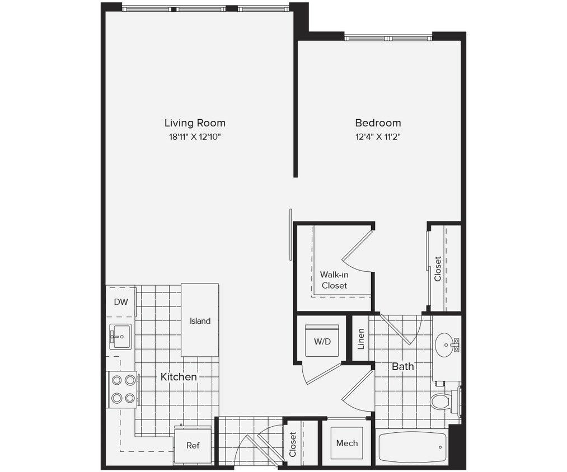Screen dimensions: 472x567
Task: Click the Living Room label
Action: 195,123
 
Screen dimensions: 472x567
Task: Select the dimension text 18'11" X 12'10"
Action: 195,136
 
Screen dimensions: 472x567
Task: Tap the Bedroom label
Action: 378,123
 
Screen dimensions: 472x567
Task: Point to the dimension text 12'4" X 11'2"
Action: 378,136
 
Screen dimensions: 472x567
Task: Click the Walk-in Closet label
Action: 334,280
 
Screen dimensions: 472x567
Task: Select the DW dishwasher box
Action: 121,302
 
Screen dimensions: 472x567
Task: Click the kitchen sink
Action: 120,337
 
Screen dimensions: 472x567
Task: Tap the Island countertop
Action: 200,320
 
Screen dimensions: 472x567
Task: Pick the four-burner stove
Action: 123,389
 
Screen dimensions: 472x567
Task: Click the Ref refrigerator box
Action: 193,445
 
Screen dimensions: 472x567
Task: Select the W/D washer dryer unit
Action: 321,341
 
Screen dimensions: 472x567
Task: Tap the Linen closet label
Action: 361,339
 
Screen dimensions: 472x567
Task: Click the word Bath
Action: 402,367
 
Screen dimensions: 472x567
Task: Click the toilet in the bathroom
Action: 442,401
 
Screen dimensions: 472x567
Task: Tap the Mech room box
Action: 346,443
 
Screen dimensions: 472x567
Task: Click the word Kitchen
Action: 179,377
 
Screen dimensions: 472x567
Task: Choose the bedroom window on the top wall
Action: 388,38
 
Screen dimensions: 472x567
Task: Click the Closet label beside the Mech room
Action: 293,444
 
